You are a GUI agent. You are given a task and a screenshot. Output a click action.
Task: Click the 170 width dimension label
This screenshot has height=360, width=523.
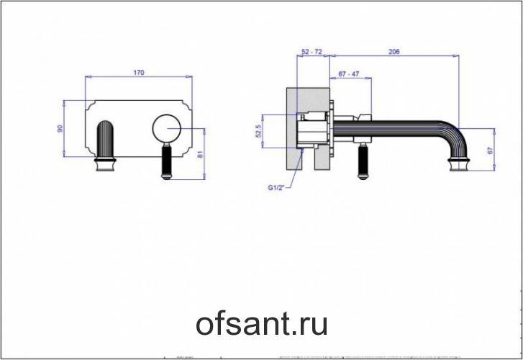click(x=140, y=72)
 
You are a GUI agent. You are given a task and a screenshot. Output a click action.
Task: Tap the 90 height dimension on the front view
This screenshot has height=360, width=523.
click(x=61, y=127)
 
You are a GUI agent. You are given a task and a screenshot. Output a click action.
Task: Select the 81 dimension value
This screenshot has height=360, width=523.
click(x=209, y=153)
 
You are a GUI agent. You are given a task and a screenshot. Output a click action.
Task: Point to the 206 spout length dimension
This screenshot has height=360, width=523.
click(x=394, y=52)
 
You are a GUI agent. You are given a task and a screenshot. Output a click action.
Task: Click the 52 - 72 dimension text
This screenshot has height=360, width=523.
click(x=311, y=52)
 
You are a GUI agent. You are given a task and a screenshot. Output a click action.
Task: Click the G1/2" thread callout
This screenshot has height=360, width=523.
click(x=277, y=189)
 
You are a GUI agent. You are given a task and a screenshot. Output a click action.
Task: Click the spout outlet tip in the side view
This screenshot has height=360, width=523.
click(x=459, y=166)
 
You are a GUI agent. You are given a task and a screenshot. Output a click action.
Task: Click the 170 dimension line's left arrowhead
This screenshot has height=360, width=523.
click(x=88, y=76)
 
